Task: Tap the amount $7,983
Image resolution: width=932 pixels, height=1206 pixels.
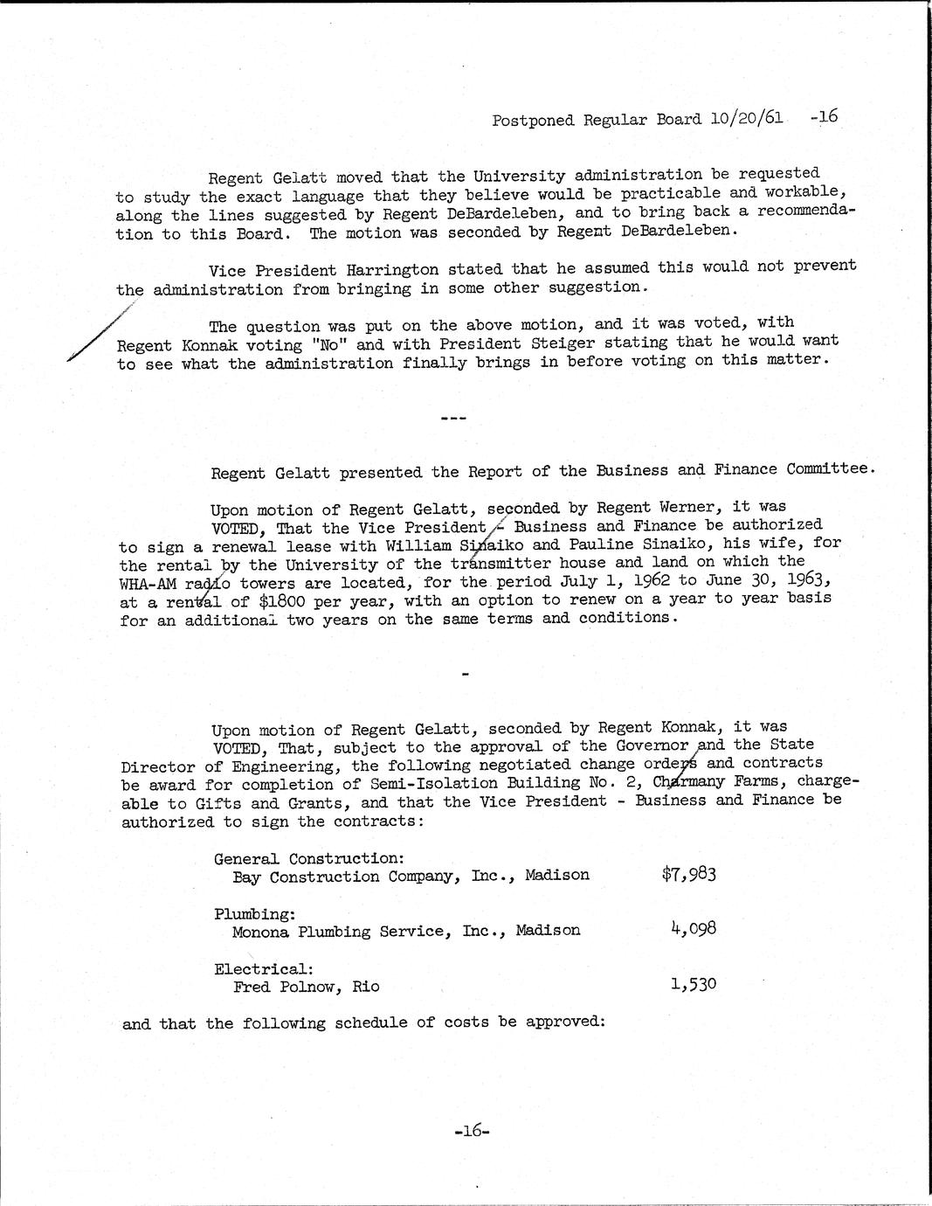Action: point(689,873)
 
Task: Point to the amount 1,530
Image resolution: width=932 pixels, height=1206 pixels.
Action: point(694,984)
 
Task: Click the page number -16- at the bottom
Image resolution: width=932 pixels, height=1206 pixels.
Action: point(473,1130)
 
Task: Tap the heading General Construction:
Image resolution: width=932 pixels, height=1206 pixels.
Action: point(308,858)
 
